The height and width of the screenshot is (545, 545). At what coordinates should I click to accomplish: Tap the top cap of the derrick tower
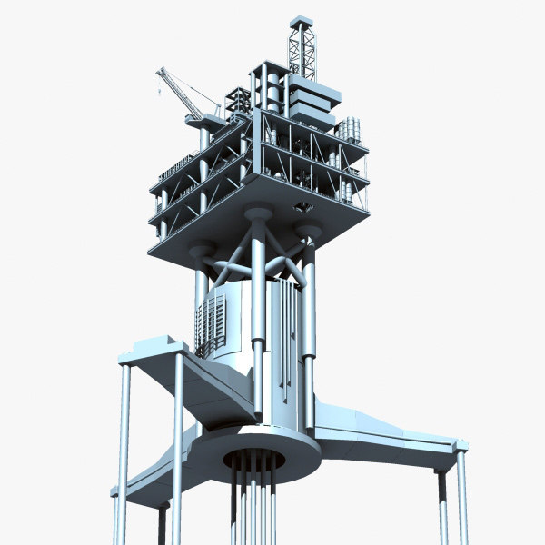(x=301, y=20)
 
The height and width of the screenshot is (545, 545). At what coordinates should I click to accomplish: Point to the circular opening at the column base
(x=254, y=459)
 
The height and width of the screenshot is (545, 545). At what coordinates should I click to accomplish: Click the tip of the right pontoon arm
(x=459, y=445)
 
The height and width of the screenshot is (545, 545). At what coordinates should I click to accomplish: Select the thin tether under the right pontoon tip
(x=461, y=500)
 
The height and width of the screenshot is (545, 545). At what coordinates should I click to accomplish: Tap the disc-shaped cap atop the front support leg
(x=258, y=214)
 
